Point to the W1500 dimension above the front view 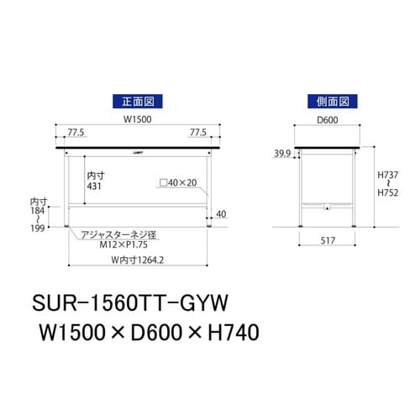pos(138,118)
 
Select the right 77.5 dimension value pos(198,133)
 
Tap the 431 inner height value pos(93,187)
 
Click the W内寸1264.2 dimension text pos(139,259)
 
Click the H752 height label pos(388,192)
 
